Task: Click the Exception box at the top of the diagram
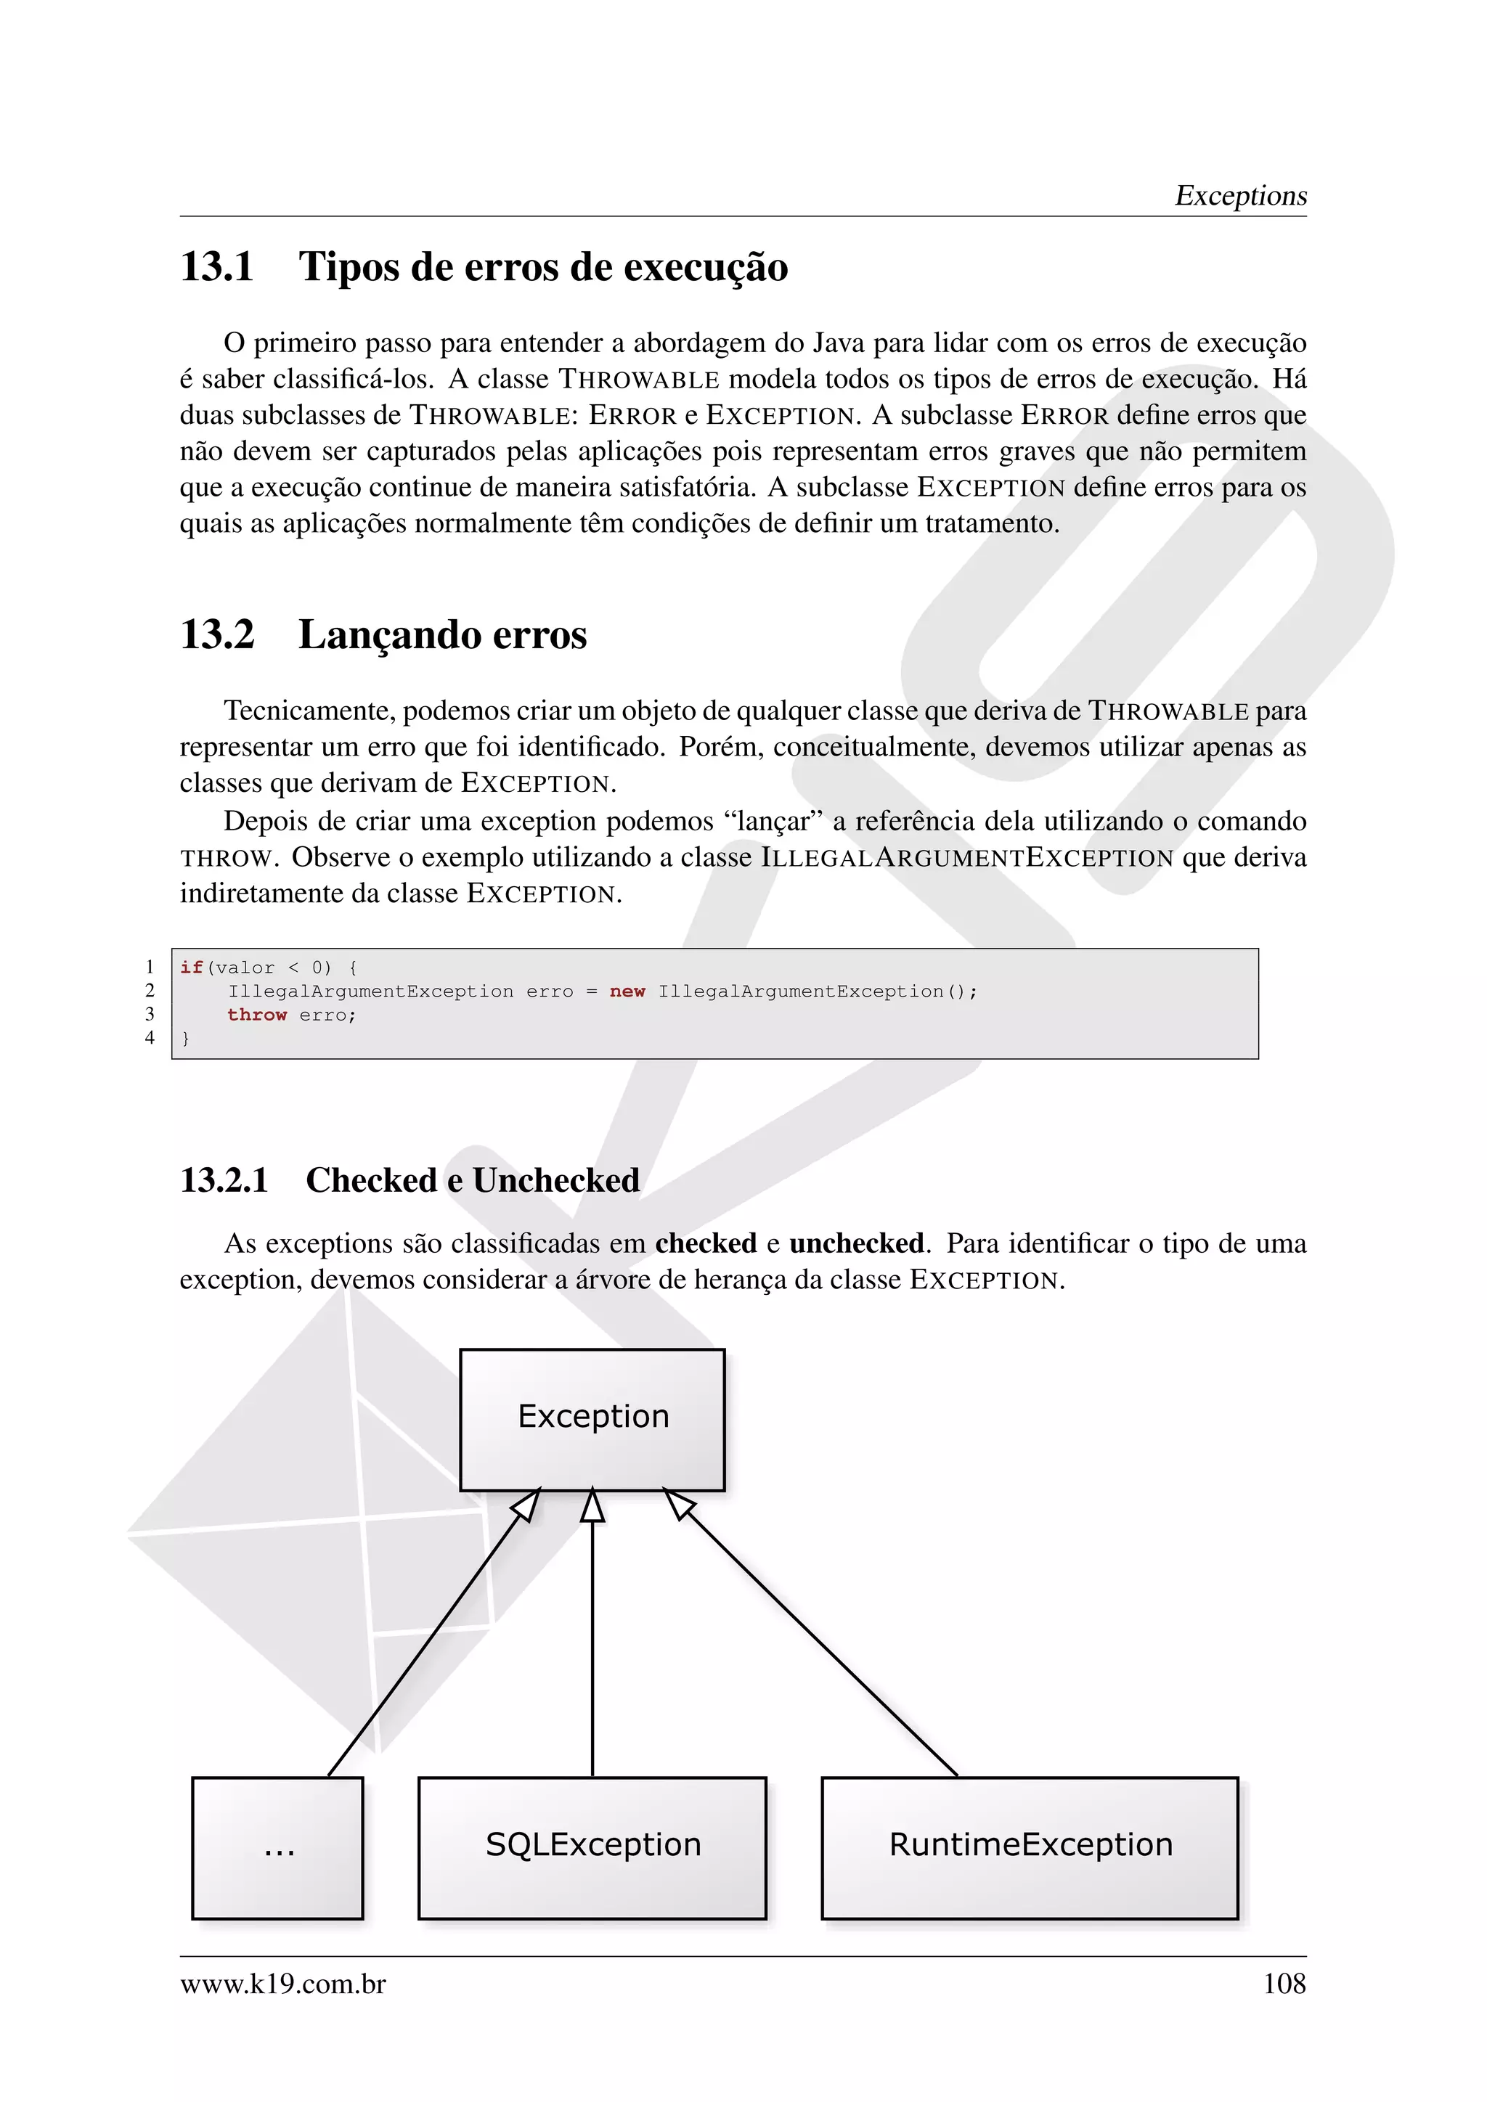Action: (592, 1419)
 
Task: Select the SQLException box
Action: (592, 1847)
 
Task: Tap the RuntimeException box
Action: (1030, 1847)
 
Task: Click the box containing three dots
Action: (277, 1847)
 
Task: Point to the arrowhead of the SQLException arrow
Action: (592, 1506)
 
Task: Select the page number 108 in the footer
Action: (1284, 1983)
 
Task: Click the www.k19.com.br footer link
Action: (283, 1983)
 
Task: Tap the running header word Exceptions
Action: (1241, 195)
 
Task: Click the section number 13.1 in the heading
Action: (217, 267)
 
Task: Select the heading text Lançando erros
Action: (442, 634)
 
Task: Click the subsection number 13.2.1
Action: (224, 1180)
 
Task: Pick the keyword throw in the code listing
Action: (257, 1015)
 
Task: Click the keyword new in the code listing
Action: (627, 991)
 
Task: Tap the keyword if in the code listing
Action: (192, 967)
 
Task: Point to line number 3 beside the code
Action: (150, 1013)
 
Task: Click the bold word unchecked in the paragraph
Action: (856, 1243)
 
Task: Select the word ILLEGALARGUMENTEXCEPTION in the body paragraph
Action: (967, 858)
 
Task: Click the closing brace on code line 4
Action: (186, 1038)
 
